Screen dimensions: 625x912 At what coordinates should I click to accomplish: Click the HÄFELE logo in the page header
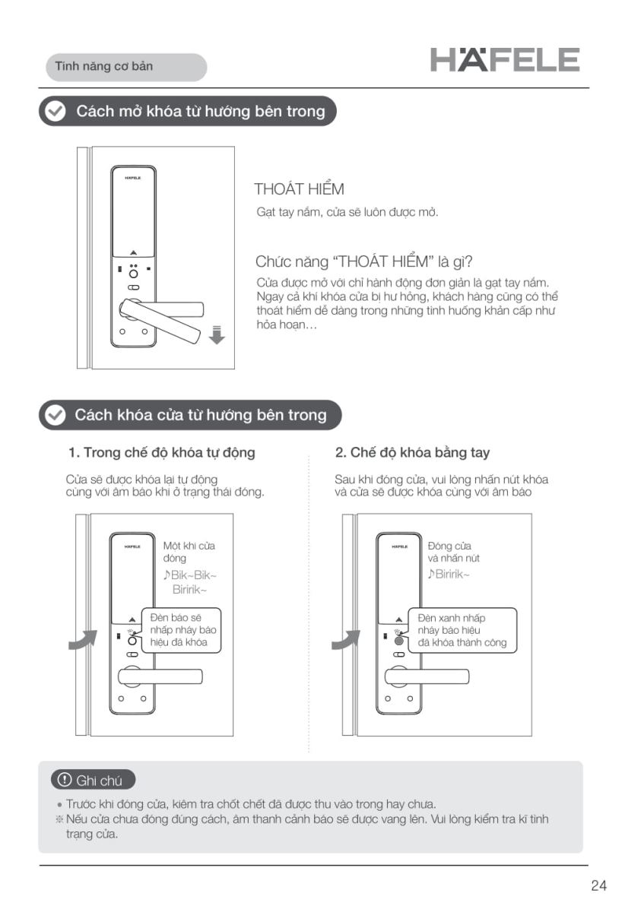point(505,60)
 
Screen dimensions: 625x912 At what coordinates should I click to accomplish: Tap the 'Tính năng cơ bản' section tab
point(126,67)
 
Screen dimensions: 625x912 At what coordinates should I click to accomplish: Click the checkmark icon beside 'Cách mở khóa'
point(55,111)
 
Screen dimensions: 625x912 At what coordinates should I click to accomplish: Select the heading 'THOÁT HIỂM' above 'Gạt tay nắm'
point(299,189)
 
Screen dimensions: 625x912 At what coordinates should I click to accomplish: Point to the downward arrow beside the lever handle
point(217,334)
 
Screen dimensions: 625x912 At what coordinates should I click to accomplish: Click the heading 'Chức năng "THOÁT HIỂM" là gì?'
point(364,261)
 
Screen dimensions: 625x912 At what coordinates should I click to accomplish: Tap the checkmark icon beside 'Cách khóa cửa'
point(55,415)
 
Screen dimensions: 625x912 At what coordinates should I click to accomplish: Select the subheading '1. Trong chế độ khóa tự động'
point(162,452)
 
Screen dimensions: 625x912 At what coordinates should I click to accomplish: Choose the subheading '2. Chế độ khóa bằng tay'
point(412,452)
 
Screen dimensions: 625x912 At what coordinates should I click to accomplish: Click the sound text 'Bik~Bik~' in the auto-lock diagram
point(190,575)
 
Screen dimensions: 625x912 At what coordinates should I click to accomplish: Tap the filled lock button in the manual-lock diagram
point(399,641)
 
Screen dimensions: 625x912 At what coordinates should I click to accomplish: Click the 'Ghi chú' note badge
point(94,780)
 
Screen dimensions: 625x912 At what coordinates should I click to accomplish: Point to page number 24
point(599,885)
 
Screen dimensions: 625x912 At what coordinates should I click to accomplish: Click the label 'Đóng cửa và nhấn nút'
point(453,552)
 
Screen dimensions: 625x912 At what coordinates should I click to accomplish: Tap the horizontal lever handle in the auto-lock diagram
point(160,676)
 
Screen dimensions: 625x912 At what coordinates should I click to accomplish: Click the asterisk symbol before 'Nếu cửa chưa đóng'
point(59,819)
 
